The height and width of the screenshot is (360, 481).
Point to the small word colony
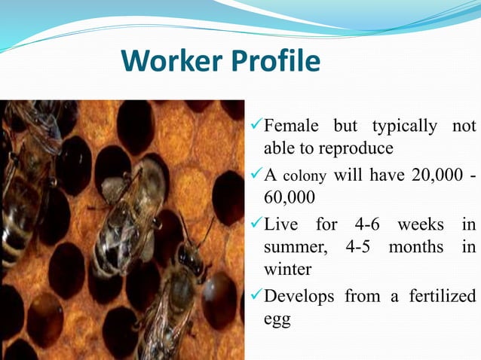[305, 176]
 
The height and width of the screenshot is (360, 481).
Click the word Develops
[299, 297]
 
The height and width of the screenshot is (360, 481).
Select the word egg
[277, 319]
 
